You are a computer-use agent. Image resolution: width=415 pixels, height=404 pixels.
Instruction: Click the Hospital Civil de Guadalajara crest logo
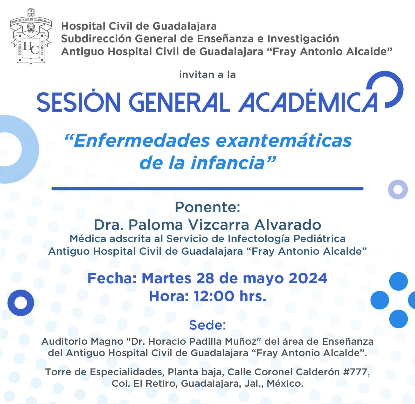click(31, 36)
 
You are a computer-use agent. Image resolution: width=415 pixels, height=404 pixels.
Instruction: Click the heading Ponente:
click(208, 207)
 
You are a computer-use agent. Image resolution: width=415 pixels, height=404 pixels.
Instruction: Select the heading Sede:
click(208, 325)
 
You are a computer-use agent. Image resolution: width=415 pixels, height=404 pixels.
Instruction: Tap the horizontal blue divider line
click(207, 189)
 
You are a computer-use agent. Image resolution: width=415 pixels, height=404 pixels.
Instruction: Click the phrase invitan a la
click(208, 75)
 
